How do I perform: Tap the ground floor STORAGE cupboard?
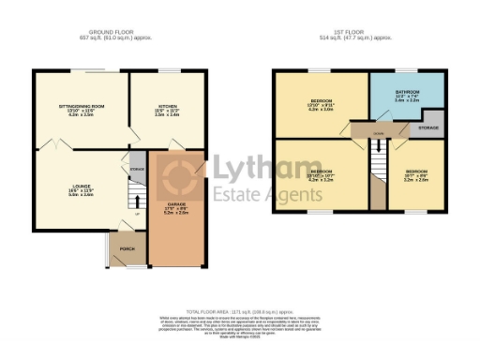tap(137, 170)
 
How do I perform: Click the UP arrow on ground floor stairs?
tap(137, 214)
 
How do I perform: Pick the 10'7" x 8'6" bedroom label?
tap(416, 175)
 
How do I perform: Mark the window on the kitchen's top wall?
tap(170, 70)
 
